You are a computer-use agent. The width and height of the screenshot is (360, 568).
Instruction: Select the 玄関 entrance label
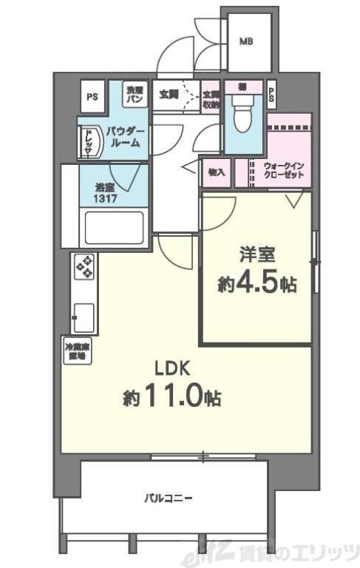168,94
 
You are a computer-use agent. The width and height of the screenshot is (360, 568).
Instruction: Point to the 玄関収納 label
211,100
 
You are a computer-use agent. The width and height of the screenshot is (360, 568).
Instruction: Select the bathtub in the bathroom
114,227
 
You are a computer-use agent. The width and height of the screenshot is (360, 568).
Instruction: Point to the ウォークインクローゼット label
283,172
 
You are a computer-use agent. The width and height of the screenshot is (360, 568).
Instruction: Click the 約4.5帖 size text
257,284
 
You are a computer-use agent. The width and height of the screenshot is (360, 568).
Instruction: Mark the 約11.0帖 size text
172,397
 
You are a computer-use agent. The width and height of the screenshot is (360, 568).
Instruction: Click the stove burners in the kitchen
84,266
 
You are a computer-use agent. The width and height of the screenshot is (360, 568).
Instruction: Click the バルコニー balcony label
168,498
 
